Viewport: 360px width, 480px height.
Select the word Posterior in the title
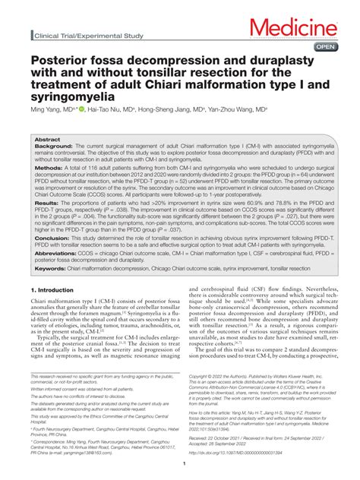point(58,61)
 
